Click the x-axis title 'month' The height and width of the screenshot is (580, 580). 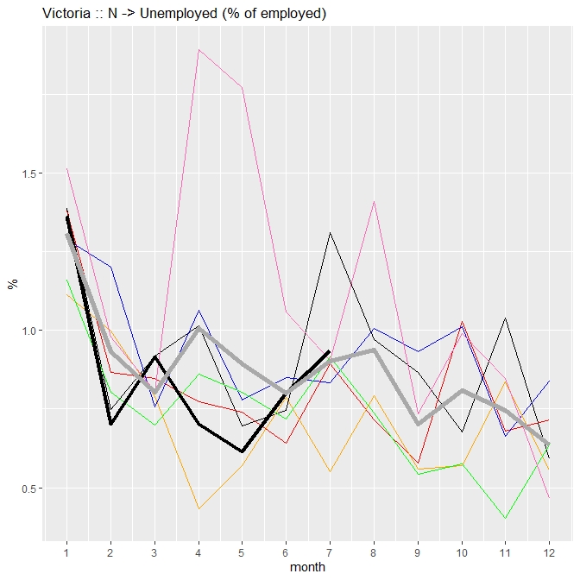click(308, 568)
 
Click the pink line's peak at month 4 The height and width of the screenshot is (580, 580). click(199, 49)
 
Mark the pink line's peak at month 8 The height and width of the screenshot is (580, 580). click(374, 201)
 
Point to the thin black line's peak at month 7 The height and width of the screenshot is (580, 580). click(330, 232)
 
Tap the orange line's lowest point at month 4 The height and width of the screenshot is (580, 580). click(199, 509)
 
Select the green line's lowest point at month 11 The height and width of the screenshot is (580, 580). click(505, 519)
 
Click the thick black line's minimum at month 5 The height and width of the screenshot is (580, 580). click(243, 451)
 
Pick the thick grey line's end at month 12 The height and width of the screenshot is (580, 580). click(549, 444)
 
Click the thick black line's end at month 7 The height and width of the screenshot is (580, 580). click(330, 351)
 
